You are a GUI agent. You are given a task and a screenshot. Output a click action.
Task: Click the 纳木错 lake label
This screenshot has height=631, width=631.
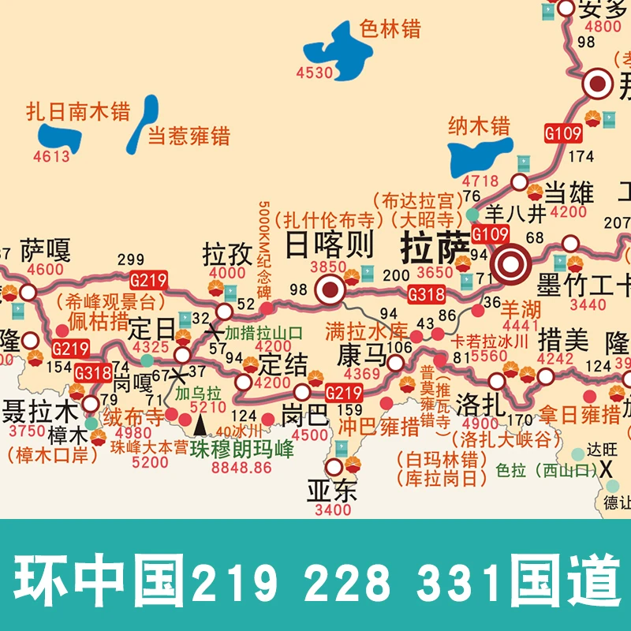click(479, 125)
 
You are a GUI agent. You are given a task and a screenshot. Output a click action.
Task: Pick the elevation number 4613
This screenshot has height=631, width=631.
click(51, 156)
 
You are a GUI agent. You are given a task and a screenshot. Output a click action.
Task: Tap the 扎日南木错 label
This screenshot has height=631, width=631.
click(78, 110)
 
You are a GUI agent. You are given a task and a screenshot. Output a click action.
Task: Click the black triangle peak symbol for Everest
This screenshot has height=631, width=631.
click(200, 425)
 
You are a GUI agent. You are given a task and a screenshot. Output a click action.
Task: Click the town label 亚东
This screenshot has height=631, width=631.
click(332, 491)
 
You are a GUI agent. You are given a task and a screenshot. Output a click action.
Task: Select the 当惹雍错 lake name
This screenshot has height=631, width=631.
click(189, 136)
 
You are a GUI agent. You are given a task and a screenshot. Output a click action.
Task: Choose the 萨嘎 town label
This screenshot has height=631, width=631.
click(45, 251)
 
